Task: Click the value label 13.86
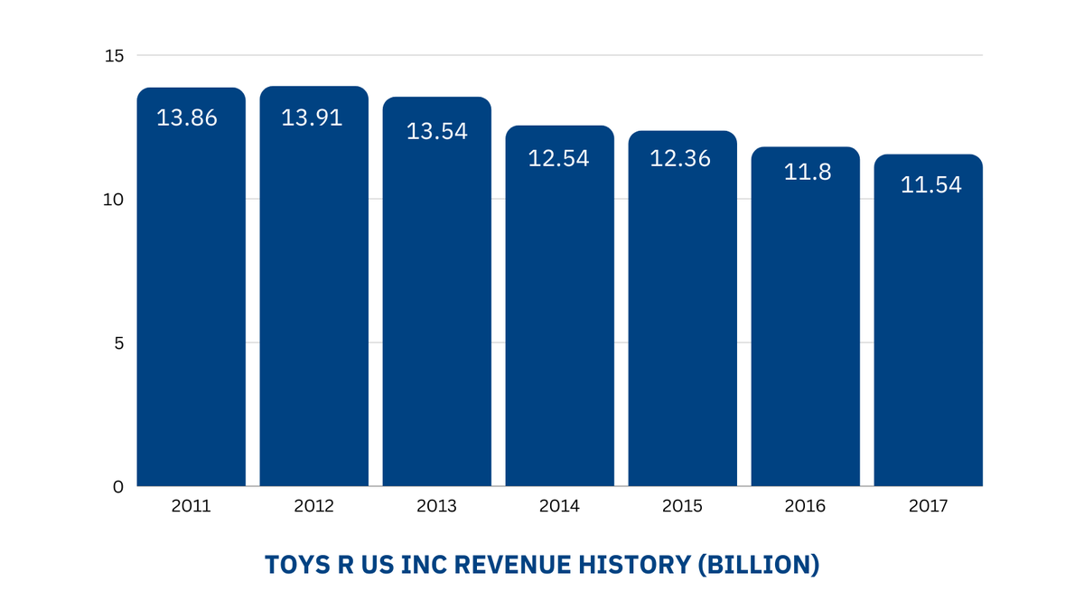187,117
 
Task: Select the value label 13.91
312,117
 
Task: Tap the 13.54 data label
437,131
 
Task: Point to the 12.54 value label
558,158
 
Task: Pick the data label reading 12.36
681,158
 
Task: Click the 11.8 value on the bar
808,172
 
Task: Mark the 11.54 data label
931,185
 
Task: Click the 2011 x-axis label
191,506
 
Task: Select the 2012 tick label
313,506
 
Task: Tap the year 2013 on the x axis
436,506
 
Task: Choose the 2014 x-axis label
559,506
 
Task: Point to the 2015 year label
682,506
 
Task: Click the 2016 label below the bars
805,506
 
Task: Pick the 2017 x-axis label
928,506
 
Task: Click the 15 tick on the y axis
113,56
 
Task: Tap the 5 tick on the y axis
118,343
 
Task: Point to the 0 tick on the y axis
118,487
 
